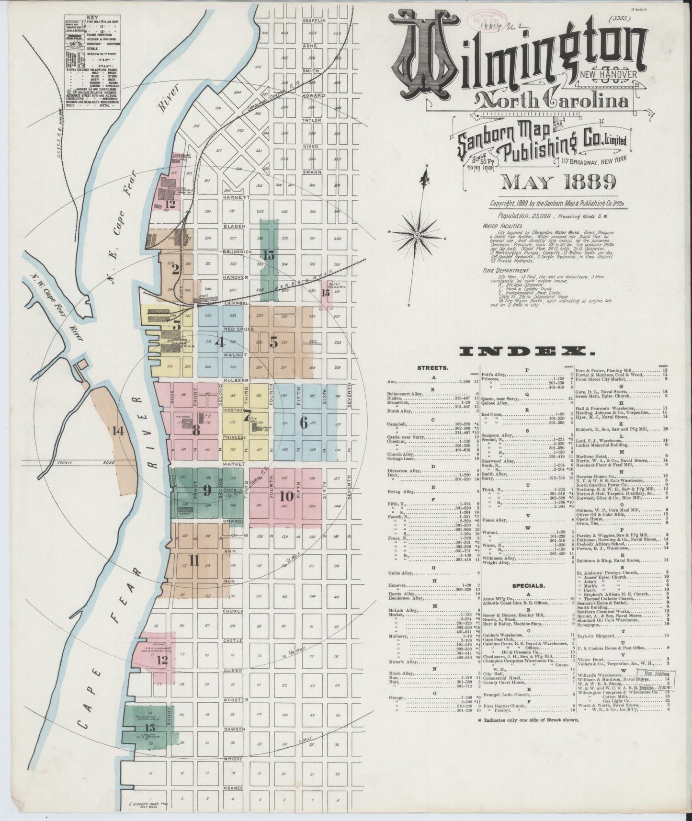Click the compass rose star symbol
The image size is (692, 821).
coord(417,235)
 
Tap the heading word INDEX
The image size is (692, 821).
coord(527,352)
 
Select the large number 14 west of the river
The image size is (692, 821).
coord(118,430)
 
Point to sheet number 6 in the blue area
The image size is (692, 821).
coord(303,422)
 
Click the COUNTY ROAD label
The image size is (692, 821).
coord(67,463)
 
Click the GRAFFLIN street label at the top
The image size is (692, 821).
coord(314,21)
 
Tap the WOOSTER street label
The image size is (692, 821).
coord(235,699)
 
